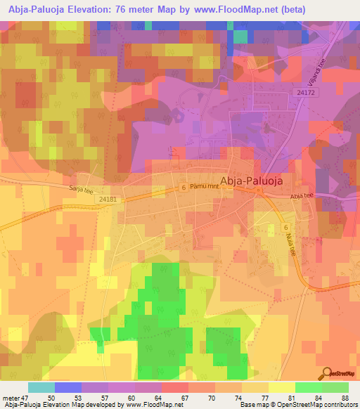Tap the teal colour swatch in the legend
point(41,387)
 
